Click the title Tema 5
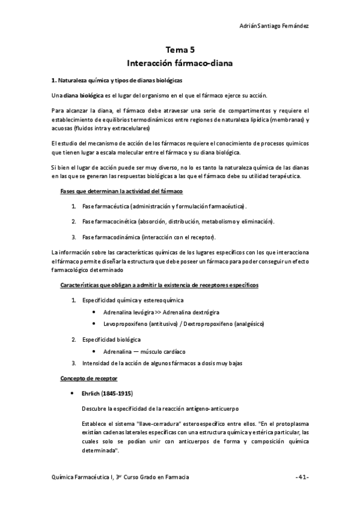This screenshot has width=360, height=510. [x=180, y=51]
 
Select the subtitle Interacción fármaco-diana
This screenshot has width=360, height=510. [x=180, y=63]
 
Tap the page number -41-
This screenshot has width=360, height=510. [x=302, y=477]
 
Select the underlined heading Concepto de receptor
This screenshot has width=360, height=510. [x=88, y=378]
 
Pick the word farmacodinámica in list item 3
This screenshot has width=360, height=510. [x=118, y=236]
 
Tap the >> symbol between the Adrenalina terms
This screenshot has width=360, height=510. [x=157, y=313]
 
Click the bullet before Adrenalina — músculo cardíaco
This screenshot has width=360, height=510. [x=95, y=351]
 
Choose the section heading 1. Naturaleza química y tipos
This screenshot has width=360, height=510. [x=116, y=80]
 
